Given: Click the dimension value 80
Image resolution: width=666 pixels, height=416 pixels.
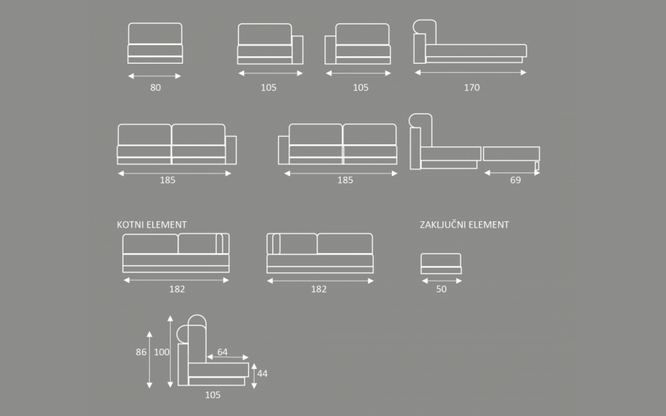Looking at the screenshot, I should pyautogui.click(x=155, y=88).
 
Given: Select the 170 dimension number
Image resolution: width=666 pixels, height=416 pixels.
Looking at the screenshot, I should pyautogui.click(x=472, y=88).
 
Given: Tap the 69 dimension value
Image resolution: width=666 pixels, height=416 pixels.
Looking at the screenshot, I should pyautogui.click(x=515, y=180).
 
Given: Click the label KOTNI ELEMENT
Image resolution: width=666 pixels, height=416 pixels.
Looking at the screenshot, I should pyautogui.click(x=152, y=225).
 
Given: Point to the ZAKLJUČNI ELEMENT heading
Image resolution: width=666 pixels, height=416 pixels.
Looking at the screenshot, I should pyautogui.click(x=464, y=225).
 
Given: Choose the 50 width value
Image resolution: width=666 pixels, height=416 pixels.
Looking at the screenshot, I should pyautogui.click(x=441, y=290).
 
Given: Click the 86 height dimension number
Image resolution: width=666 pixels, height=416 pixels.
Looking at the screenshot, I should pyautogui.click(x=141, y=352).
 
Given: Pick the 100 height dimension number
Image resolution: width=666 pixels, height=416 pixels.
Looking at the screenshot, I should pyautogui.click(x=161, y=352).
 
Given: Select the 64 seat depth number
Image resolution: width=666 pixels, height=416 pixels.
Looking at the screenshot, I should pyautogui.click(x=222, y=352).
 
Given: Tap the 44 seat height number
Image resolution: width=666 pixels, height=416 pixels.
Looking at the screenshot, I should pyautogui.click(x=262, y=374).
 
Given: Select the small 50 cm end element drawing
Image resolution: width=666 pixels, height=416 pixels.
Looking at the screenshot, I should pyautogui.click(x=441, y=264).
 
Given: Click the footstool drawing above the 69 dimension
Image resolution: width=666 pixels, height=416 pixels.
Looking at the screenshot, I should pyautogui.click(x=511, y=154).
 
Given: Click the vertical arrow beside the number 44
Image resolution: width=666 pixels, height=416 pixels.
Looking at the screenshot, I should pyautogui.click(x=253, y=374).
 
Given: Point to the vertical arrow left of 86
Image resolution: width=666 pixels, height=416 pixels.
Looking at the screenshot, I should pyautogui.click(x=150, y=359).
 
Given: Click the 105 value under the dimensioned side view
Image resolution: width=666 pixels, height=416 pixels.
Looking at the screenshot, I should pyautogui.click(x=213, y=395).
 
